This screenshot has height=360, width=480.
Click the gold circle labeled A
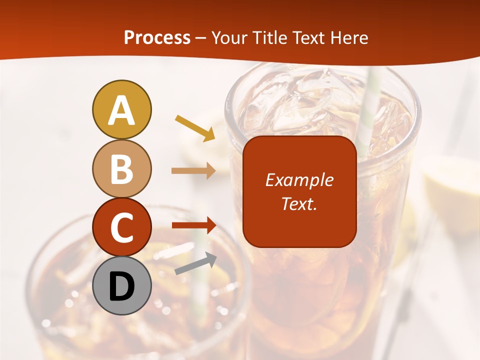121,109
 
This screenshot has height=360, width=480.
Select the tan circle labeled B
121,168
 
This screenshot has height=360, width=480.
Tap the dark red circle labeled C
121,227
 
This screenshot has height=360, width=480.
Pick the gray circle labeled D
121,285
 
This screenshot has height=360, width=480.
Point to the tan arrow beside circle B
193,171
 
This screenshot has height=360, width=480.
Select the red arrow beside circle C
193,225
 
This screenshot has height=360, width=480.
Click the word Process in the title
157,37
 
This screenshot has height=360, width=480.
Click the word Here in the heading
348,37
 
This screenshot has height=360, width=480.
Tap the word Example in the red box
299,180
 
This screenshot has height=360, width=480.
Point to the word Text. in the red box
299,203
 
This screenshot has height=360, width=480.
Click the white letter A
121,110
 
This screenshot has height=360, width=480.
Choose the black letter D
121,286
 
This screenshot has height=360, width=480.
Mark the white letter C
121,227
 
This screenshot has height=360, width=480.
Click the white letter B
121,169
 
